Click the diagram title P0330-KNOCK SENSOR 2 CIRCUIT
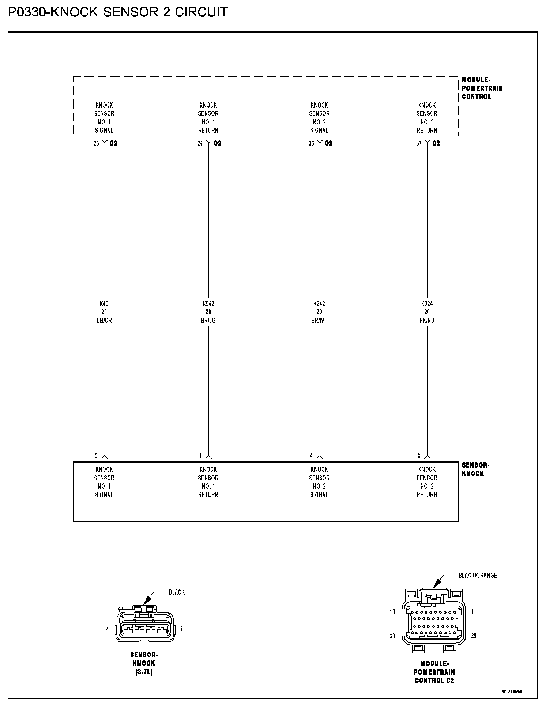[x=118, y=12]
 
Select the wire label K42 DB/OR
[x=104, y=312]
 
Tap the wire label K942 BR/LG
[x=208, y=312]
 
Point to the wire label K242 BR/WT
[x=319, y=312]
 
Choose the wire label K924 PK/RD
[x=427, y=312]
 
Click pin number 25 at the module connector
[x=96, y=143]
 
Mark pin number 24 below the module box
[x=200, y=143]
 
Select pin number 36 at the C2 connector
[x=311, y=143]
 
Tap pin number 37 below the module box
[x=419, y=143]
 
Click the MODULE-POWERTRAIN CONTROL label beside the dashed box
[x=482, y=88]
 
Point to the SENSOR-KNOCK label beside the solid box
[x=475, y=469]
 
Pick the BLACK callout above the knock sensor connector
[x=176, y=592]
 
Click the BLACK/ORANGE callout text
[x=478, y=576]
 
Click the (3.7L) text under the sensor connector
[x=144, y=672]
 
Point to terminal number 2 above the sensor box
[x=97, y=456]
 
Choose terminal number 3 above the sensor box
[x=419, y=456]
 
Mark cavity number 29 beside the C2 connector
[x=474, y=636]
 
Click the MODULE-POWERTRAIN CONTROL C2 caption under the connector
[x=434, y=672]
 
